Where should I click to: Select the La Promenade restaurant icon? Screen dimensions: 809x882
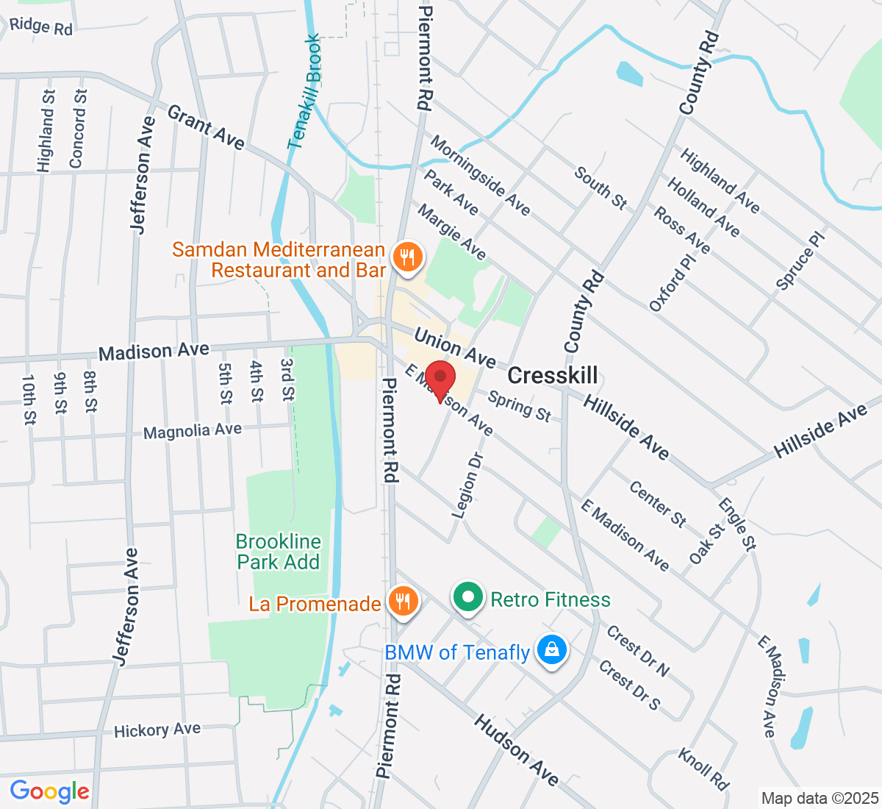(x=402, y=602)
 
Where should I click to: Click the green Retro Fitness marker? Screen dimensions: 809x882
(x=467, y=598)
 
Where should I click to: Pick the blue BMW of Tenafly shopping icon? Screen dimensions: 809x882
(x=551, y=650)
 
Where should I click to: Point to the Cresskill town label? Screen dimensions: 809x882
(x=552, y=375)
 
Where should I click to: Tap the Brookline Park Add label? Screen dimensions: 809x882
(x=279, y=552)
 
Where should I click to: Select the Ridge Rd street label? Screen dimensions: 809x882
(x=41, y=26)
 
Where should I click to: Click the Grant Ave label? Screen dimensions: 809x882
(x=206, y=126)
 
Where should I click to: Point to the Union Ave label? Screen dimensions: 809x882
(x=455, y=347)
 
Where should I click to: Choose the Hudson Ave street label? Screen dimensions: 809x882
(x=516, y=749)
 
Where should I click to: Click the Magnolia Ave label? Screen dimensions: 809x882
(x=193, y=430)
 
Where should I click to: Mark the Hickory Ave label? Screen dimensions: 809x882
(x=157, y=730)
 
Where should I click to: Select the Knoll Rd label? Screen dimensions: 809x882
(x=703, y=769)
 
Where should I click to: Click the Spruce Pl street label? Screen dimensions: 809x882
(x=800, y=258)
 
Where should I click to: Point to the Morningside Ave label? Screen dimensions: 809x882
(x=480, y=175)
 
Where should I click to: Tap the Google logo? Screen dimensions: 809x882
(x=49, y=791)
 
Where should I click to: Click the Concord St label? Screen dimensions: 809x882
(x=77, y=129)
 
